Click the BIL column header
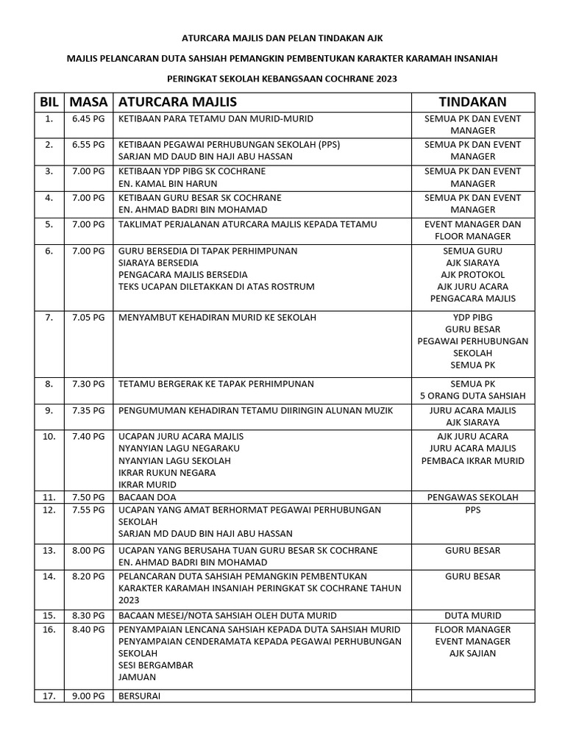49,101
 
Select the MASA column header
88,101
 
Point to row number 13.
49,550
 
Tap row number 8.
49,384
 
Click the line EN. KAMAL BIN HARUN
166,183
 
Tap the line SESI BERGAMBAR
156,665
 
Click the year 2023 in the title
372,78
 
